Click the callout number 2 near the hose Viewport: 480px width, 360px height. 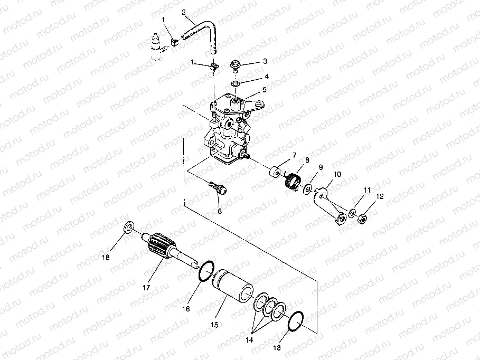[184, 12]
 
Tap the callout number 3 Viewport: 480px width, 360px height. [265, 61]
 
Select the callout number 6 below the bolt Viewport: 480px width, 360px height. [220, 211]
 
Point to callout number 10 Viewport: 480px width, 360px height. [337, 174]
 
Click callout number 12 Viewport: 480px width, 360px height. [380, 196]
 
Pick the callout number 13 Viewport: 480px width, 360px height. [277, 348]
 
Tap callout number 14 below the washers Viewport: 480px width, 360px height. [249, 340]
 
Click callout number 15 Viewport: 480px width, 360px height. [214, 325]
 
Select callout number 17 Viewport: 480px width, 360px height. [146, 288]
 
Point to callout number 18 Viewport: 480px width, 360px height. [106, 258]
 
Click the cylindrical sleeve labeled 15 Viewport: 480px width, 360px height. [233, 287]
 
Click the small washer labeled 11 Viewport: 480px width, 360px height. [352, 213]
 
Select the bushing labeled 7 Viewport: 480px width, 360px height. [275, 171]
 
